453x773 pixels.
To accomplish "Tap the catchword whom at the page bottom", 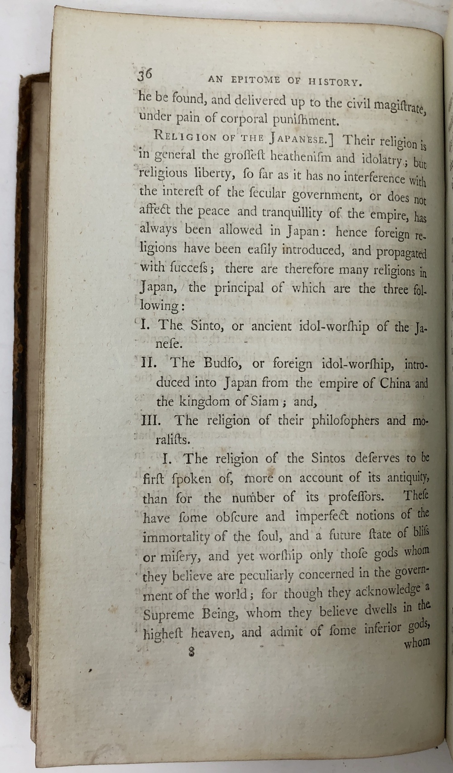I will tap(416, 643).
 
